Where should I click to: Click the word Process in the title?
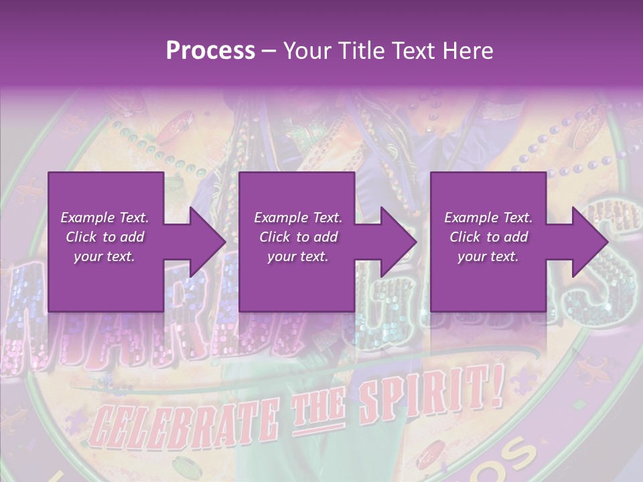(210, 51)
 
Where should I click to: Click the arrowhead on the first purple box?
(201, 242)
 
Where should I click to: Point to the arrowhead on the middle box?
(392, 242)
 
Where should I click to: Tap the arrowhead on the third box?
(583, 242)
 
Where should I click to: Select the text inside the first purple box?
(105, 237)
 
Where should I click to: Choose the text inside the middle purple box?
(298, 237)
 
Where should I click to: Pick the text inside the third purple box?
(488, 237)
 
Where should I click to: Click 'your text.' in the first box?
(105, 256)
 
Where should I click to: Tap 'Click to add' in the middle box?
(298, 237)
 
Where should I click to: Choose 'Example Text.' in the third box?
(488, 218)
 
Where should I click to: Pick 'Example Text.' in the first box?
(105, 218)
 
